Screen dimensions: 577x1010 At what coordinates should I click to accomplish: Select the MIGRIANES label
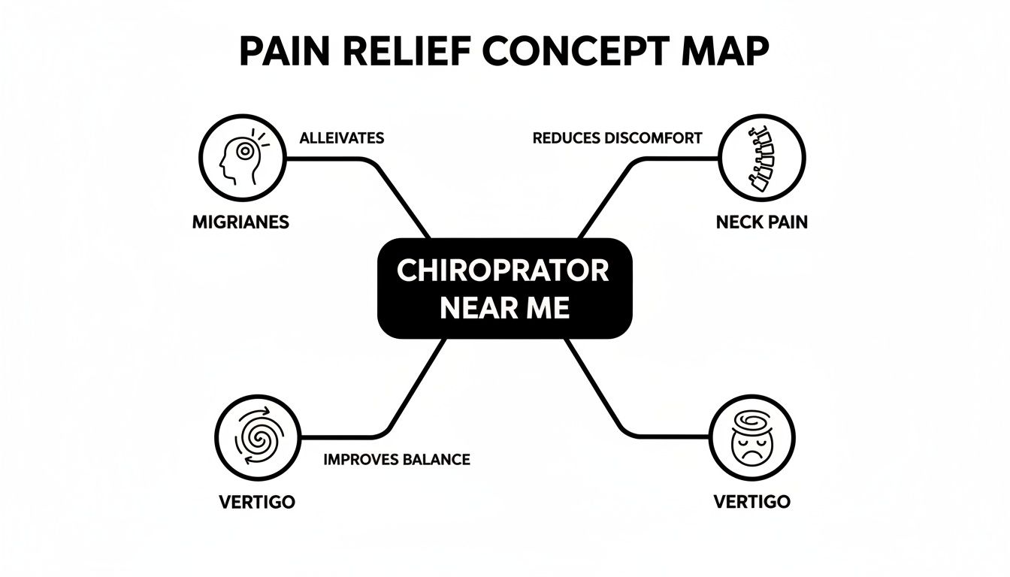point(241,223)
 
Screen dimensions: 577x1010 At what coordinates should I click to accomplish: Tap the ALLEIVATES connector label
point(341,138)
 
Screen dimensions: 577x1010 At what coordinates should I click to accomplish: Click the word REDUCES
point(570,138)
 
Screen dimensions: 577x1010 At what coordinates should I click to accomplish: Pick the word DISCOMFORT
point(657,138)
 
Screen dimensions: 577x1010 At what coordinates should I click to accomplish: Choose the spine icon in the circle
point(761,159)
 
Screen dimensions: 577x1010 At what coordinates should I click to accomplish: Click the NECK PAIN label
point(761,223)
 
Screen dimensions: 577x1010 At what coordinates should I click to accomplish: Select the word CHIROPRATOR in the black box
point(503,271)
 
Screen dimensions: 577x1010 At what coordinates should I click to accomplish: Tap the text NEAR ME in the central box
point(504,308)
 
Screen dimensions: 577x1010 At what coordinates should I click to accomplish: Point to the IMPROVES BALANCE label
point(396,460)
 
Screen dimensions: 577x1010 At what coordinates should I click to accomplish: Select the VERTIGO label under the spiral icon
point(257,502)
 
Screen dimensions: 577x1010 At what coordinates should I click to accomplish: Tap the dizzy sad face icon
point(751,438)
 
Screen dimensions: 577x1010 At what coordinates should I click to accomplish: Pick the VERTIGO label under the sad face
point(751,502)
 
